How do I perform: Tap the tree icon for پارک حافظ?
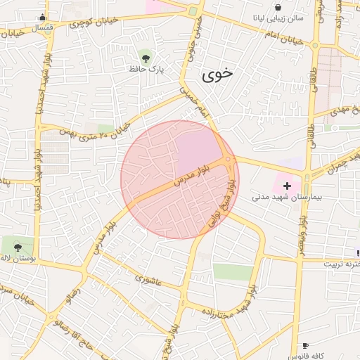pos(146,57)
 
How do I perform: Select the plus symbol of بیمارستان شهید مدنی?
pos(287,186)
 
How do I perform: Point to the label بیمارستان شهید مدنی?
pos(287,198)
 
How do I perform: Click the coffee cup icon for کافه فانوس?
pos(304,345)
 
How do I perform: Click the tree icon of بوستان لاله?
pos(17,247)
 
